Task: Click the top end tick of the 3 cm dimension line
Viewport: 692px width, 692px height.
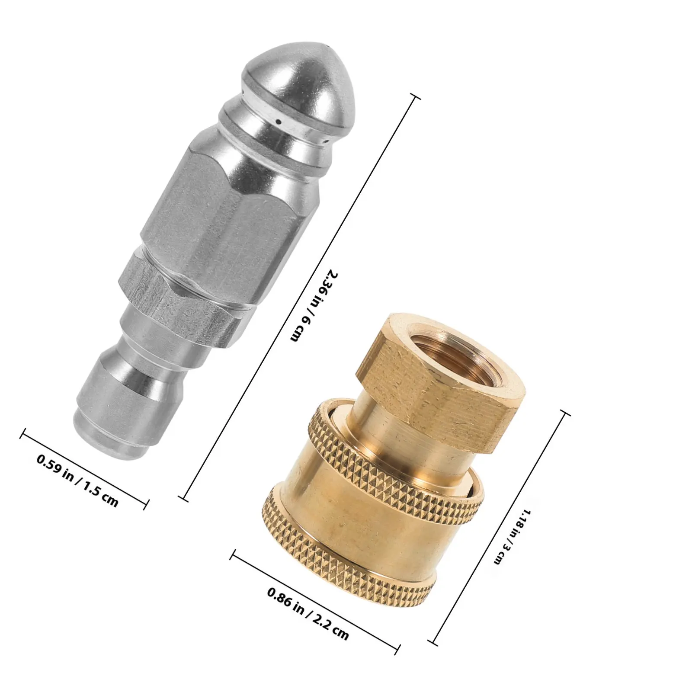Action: click(565, 413)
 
